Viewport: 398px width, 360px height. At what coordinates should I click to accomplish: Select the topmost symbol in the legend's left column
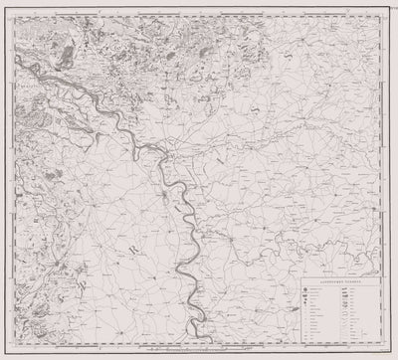click(303, 289)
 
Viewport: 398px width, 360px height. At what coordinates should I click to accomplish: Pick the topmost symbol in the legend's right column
click(343, 289)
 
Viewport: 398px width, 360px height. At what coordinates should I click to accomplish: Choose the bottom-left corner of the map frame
click(13, 343)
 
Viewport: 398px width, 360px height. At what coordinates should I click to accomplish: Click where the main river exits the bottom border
click(188, 342)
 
